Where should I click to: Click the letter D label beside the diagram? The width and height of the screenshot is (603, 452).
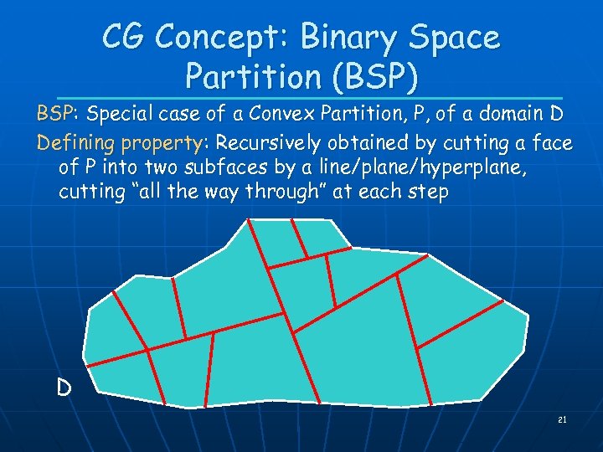point(64,388)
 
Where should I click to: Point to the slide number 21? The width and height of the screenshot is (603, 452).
point(562,419)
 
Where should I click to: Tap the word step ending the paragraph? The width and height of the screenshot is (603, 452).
point(430,192)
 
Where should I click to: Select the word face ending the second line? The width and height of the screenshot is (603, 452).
point(552,142)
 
